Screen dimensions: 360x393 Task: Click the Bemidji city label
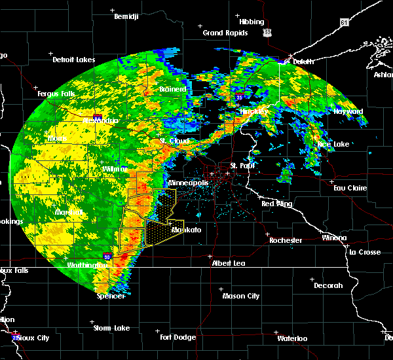coord(126,16)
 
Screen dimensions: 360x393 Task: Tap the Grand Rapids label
coord(225,33)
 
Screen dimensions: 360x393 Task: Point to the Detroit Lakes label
coord(74,60)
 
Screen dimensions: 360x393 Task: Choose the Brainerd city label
coord(172,88)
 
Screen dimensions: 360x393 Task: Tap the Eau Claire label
coord(347,188)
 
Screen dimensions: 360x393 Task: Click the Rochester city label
coord(286,240)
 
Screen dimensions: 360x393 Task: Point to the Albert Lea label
coord(228,262)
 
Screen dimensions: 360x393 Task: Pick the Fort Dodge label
coord(178,336)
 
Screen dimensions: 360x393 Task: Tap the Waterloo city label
coord(293,338)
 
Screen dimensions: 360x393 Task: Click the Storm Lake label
coord(111,328)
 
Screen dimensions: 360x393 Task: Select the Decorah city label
coord(327,285)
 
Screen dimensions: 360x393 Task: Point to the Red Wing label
coord(276,204)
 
